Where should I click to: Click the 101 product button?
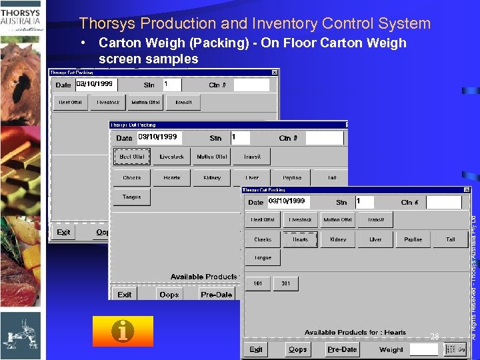pos(258,283)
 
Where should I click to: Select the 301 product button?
pos(285,283)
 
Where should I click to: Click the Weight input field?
pos(424,349)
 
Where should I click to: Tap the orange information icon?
pos(123,331)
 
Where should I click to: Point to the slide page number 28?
pos(434,337)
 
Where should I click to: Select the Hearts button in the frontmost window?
pos(300,239)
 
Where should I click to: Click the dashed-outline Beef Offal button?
pos(132,157)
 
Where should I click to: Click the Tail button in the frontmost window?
pos(451,239)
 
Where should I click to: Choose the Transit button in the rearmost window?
pos(183,103)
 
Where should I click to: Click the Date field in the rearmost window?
pos(94,85)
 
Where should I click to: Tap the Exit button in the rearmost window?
pos(64,232)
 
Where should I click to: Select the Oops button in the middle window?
pos(169,294)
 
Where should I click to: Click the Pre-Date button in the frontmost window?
pos(342,349)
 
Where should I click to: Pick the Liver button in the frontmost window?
pos(375,239)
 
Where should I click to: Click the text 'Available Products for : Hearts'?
pos(355,332)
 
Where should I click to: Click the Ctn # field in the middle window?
pos(323,138)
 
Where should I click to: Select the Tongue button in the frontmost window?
pos(263,257)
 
